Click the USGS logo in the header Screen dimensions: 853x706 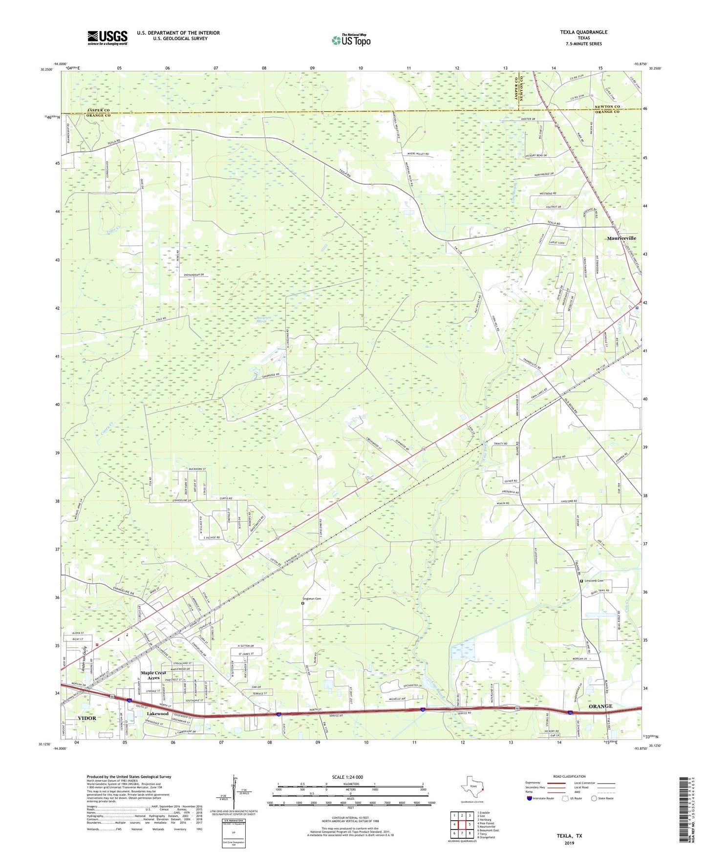point(107,38)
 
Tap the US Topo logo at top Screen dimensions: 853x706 point(351,40)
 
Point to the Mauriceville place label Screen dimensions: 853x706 point(621,238)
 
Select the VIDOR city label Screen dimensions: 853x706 point(87,718)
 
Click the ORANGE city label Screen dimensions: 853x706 point(600,706)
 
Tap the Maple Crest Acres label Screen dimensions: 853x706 point(153,675)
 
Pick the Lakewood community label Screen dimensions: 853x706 point(158,713)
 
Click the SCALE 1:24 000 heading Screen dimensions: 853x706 point(347,777)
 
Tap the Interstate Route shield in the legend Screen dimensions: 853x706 point(530,798)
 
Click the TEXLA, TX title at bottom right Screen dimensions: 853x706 point(569,836)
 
